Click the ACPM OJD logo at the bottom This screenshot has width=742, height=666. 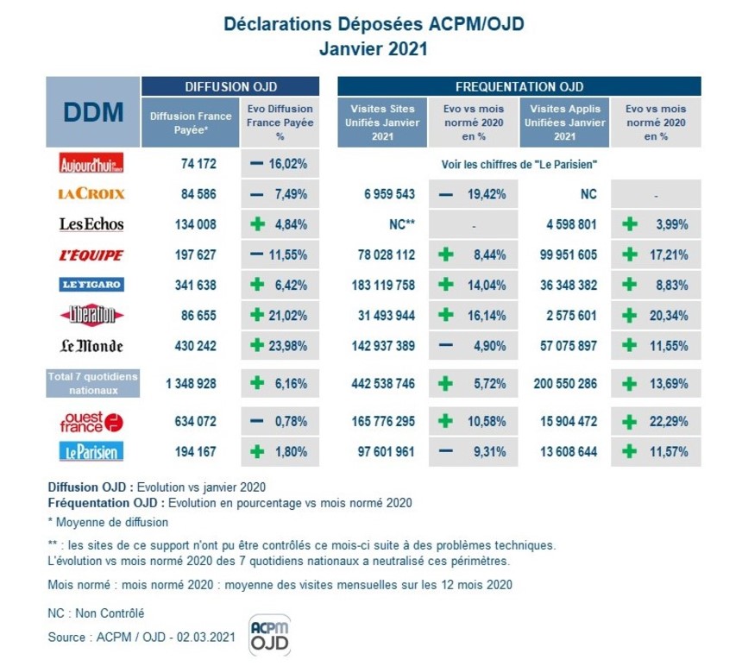click(x=269, y=635)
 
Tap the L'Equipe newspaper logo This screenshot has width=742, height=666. click(x=91, y=255)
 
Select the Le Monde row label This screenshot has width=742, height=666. click(x=91, y=346)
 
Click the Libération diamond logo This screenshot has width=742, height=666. click(x=91, y=315)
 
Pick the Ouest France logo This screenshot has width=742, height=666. click(x=91, y=422)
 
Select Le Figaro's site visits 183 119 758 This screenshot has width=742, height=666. click(x=384, y=285)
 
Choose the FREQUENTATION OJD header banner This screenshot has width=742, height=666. click(x=519, y=86)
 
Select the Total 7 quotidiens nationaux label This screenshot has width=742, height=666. click(x=92, y=384)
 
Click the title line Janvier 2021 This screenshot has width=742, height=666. click(x=373, y=49)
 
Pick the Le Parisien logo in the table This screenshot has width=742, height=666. click(x=91, y=452)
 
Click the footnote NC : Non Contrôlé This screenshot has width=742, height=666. click(x=96, y=613)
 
